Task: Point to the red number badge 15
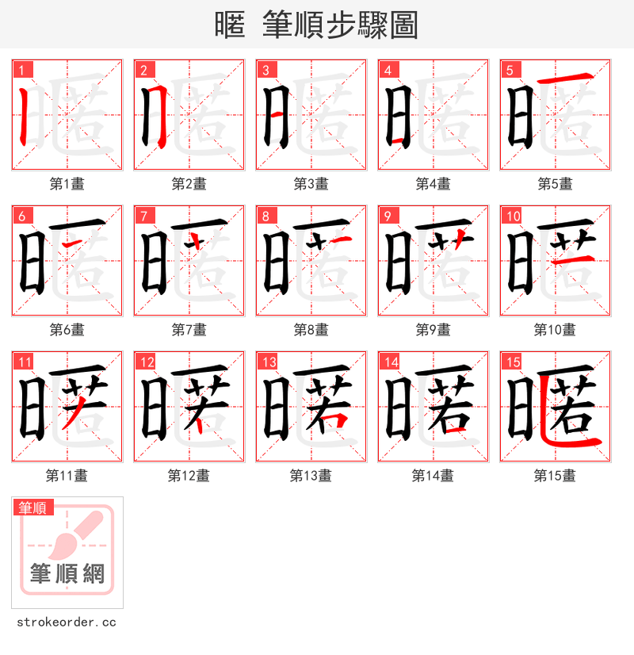(x=513, y=362)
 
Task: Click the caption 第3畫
(x=311, y=184)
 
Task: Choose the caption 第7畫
(x=189, y=330)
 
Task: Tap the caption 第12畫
(x=189, y=476)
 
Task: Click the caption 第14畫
(x=433, y=476)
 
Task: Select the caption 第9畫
(x=433, y=330)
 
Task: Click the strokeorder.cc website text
(x=66, y=622)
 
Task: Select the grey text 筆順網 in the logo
(x=67, y=573)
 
